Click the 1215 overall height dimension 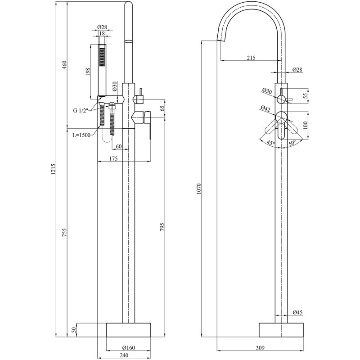pos(54,170)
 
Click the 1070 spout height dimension pos(198,189)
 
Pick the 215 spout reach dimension pos(251,58)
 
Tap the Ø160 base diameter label pos(129,347)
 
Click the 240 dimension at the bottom pos(124,355)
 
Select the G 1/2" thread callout pos(81,110)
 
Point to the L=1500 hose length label pos(81,135)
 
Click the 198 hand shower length pos(88,72)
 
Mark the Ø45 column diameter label pos(298,312)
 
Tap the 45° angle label pos(271,143)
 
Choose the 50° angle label pos(292,143)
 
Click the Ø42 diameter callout pos(265,108)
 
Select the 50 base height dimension pos(74,330)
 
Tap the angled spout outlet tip pos(221,39)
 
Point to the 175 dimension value pos(113,158)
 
